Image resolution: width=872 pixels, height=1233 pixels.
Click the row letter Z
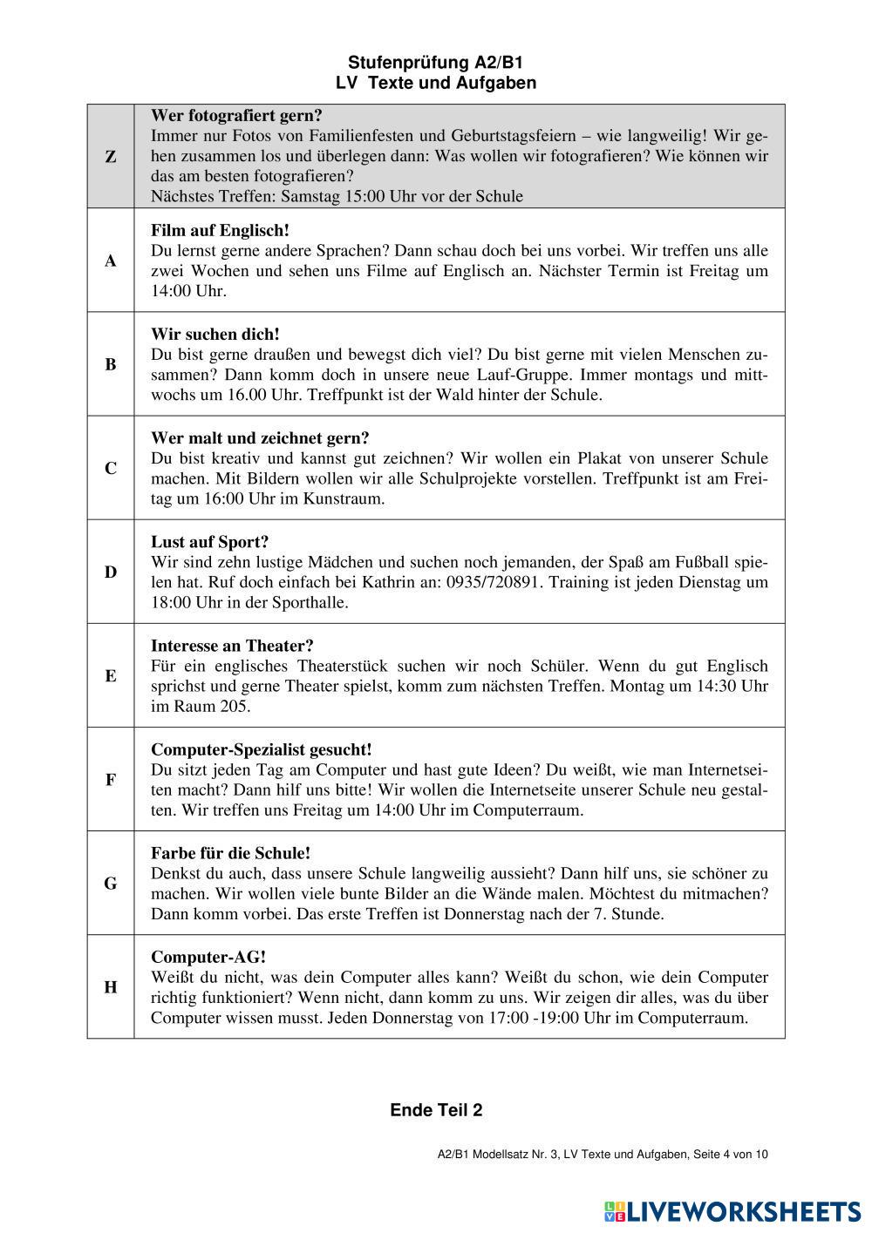(x=111, y=157)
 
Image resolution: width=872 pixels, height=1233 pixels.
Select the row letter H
(x=111, y=987)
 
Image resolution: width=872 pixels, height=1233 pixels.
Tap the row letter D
(x=111, y=572)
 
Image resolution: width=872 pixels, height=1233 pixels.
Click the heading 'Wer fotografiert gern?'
(x=237, y=115)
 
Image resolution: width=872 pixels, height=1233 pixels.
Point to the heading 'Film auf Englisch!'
(x=220, y=231)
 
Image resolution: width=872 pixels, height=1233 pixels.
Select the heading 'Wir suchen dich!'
(x=215, y=335)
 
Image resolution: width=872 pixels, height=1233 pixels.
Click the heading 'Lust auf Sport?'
(x=210, y=542)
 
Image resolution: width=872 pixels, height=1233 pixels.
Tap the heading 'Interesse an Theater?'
(x=232, y=646)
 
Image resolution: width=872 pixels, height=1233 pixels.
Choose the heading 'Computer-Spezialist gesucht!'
(x=262, y=749)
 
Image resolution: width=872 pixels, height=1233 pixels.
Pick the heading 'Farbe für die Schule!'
(x=231, y=853)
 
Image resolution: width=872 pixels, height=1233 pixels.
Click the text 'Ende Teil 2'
(x=436, y=1110)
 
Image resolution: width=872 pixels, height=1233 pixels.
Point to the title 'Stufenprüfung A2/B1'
(x=436, y=63)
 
